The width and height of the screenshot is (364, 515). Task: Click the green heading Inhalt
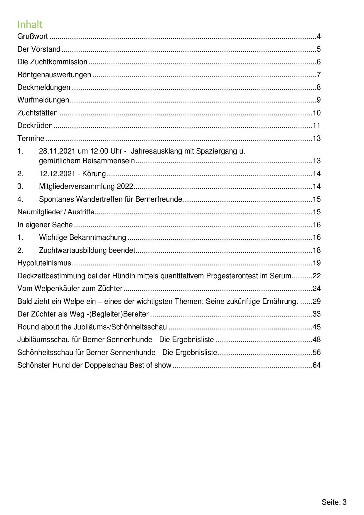[30, 24]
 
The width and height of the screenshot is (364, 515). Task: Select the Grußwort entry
[33, 36]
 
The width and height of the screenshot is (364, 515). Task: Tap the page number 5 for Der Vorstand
[318, 49]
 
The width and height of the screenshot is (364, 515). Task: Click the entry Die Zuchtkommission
[52, 62]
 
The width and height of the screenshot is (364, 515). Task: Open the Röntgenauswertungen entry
[54, 75]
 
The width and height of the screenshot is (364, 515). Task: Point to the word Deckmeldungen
[44, 87]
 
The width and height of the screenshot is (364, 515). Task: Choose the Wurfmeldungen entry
[43, 100]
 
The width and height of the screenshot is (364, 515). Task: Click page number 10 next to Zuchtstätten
[316, 113]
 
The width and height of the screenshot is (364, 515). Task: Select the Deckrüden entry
[35, 126]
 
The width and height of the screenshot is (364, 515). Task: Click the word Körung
[94, 174]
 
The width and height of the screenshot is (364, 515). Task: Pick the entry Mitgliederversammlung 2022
[86, 186]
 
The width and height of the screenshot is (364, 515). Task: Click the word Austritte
[81, 212]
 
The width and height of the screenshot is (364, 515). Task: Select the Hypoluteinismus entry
[44, 263]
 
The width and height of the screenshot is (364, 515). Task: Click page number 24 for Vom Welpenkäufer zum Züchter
[316, 289]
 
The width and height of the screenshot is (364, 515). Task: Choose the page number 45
[316, 327]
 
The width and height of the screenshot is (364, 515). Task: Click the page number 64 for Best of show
[316, 365]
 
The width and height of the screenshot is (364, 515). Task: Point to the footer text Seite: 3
[334, 502]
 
